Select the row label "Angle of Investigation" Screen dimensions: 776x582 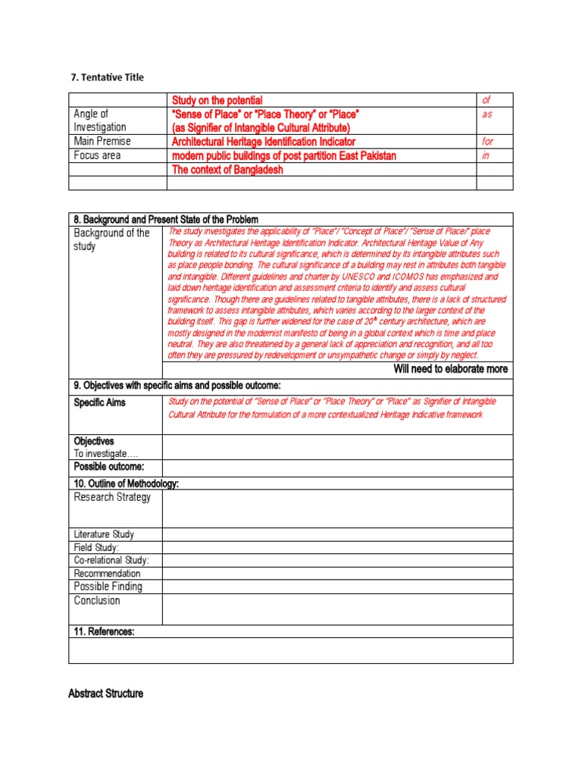pos(99,120)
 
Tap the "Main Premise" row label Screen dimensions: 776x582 pos(102,141)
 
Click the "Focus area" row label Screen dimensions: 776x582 pos(97,155)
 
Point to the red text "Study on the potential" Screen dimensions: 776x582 pos(217,100)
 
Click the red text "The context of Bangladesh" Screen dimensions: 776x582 pos(227,170)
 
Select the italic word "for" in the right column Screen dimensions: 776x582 pos(487,141)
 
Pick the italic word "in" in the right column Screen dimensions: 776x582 pos(486,155)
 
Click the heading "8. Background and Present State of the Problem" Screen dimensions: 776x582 pos(165,219)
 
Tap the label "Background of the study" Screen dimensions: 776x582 pos(111,239)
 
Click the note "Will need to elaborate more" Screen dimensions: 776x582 pos(450,369)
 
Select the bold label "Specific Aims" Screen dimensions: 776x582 pos(99,402)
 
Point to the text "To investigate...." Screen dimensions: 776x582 pos(106,452)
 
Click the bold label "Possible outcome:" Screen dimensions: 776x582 pos(108,465)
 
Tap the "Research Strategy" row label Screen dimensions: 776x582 pos(112,497)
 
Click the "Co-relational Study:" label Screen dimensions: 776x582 pos(111,560)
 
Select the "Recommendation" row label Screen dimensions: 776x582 pos(107,573)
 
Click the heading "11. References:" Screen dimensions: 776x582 pos(104,631)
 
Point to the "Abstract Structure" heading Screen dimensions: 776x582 pos(105,693)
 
